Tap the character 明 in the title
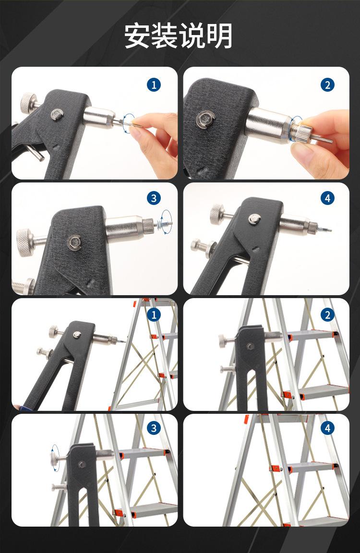tap(219, 36)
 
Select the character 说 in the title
tap(192, 36)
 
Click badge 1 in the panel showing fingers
tap(154, 85)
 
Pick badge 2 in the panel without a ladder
tap(327, 85)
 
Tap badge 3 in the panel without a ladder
tap(154, 198)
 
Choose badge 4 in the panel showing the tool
tap(327, 198)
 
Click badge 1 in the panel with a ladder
tap(154, 314)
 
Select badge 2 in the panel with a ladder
tap(327, 314)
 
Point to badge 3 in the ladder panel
tap(154, 428)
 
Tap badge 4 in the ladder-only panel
tap(327, 428)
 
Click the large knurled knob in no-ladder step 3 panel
tap(24, 242)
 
